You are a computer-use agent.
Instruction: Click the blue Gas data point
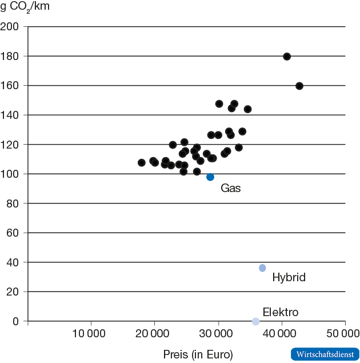[210, 177]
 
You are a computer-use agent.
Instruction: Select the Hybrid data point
[262, 268]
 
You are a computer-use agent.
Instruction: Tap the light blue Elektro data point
[256, 321]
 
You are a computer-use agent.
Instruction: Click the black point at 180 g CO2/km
[287, 57]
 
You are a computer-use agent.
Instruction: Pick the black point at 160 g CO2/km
[299, 86]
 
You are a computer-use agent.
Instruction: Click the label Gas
[231, 188]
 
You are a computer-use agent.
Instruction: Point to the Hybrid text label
[289, 278]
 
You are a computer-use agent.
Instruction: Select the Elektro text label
[280, 313]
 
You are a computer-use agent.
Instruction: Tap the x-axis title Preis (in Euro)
[198, 354]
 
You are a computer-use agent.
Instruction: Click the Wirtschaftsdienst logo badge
[325, 354]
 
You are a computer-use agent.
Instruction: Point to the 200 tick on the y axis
[10, 27]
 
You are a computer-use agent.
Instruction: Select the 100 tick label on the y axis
[10, 174]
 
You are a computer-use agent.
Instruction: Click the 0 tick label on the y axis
[15, 321]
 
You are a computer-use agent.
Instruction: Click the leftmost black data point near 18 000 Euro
[142, 163]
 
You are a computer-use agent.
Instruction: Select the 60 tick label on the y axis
[13, 233]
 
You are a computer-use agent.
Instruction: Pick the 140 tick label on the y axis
[10, 115]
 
